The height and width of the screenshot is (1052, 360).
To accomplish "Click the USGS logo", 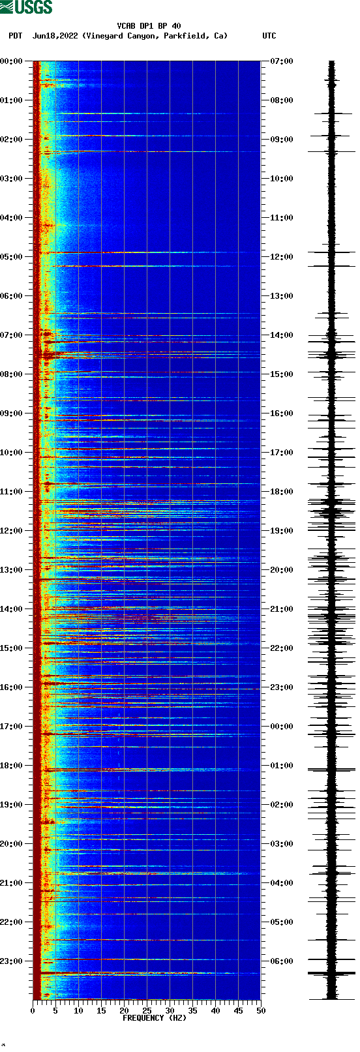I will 26,7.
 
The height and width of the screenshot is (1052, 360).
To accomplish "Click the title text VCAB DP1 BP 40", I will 149,26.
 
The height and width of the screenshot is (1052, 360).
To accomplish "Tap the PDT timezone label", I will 16,36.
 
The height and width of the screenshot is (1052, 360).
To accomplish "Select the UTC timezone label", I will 269,36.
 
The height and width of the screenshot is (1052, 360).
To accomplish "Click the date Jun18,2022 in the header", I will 55,36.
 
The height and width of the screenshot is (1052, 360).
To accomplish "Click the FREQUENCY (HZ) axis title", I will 155,1018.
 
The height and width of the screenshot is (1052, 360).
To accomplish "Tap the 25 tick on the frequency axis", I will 147,1011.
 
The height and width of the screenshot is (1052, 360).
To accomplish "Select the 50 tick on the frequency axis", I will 260,1011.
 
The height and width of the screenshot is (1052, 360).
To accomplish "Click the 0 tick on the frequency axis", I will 33,1011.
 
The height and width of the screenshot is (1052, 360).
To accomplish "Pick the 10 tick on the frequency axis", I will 78,1011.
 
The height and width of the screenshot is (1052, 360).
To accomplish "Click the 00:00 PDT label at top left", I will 11,61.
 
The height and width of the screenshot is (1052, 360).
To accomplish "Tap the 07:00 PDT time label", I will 11,335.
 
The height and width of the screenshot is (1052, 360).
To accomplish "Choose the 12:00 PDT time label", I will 11,531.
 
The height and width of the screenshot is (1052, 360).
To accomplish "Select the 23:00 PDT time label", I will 11,961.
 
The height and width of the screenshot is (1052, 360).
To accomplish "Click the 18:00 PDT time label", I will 11,766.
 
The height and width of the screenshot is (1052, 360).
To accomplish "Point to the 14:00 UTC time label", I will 282,335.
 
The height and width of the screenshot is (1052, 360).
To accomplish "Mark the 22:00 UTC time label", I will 282,648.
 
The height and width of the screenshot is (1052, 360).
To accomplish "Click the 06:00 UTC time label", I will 282,961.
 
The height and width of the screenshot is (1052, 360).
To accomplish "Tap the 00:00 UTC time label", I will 282,727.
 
